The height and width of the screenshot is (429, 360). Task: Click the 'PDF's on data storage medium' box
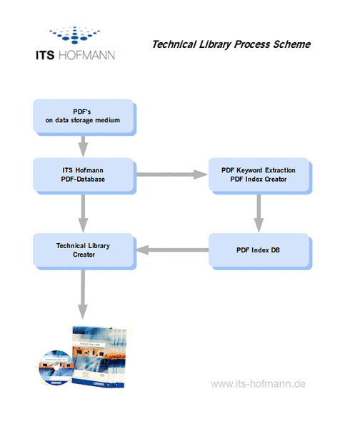[x=84, y=117]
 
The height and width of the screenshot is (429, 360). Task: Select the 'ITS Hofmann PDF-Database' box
[x=84, y=176]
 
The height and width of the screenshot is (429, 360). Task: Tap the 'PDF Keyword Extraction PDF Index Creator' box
[x=260, y=176]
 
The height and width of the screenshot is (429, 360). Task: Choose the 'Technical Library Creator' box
[x=84, y=252]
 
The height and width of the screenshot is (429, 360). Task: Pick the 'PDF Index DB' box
[x=260, y=252]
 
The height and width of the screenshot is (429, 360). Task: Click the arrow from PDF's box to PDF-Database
[x=83, y=147]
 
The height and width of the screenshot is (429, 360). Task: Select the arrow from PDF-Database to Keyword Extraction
[x=172, y=174]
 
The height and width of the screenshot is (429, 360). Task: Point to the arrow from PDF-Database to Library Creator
[x=83, y=214]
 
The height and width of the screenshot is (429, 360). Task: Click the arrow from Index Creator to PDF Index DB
[x=259, y=214]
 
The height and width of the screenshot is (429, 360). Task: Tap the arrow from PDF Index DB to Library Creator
[x=172, y=250]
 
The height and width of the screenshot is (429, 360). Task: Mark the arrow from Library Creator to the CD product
[x=83, y=295]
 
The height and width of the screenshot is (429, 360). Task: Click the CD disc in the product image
[x=56, y=368]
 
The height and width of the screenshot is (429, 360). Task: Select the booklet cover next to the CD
[x=99, y=357]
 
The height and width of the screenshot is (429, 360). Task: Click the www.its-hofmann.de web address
[x=258, y=383]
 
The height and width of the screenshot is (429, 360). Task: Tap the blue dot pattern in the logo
[x=74, y=35]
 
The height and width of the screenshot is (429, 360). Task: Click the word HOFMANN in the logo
[x=86, y=55]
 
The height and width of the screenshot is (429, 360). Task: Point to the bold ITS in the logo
[x=45, y=55]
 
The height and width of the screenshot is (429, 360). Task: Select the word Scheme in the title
[x=292, y=44]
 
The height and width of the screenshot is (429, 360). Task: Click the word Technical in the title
[x=174, y=44]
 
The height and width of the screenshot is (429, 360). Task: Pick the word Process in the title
[x=252, y=44]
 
